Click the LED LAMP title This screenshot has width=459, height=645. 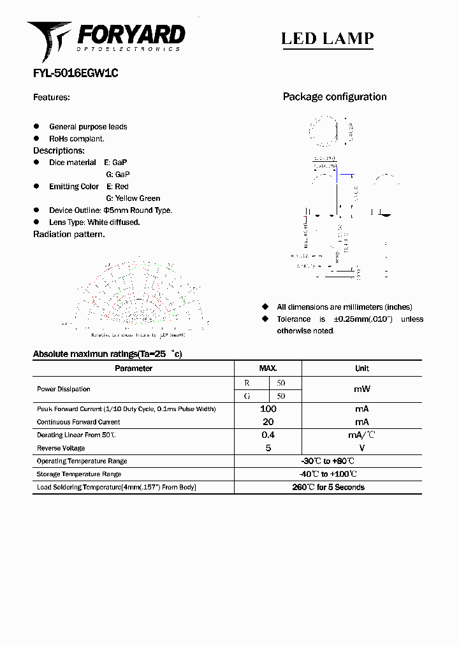pos(327,39)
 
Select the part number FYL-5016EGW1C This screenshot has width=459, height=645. pos(75,73)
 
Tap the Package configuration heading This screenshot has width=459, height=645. pos(334,97)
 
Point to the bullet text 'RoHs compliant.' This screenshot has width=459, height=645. pos(76,138)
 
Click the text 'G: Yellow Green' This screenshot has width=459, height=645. pos(133,198)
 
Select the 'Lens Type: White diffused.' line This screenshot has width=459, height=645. pos(94,222)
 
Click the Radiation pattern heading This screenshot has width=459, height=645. pos(69,235)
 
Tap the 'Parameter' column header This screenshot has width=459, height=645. pos(133,368)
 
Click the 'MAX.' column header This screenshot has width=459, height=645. pos(268,368)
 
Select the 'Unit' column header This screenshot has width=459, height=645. pos(361,368)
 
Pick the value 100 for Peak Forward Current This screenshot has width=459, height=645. pos(268,409)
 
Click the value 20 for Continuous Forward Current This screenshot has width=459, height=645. pos(268,422)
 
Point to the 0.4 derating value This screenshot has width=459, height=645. pos(268,435)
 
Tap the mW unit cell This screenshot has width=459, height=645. pos(361,389)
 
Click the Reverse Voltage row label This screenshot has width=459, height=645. pos(61,448)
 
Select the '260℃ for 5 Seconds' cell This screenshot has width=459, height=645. pos(328,487)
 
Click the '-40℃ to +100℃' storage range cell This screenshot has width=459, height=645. pos(328,474)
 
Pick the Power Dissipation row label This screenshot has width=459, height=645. pos(63,389)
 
